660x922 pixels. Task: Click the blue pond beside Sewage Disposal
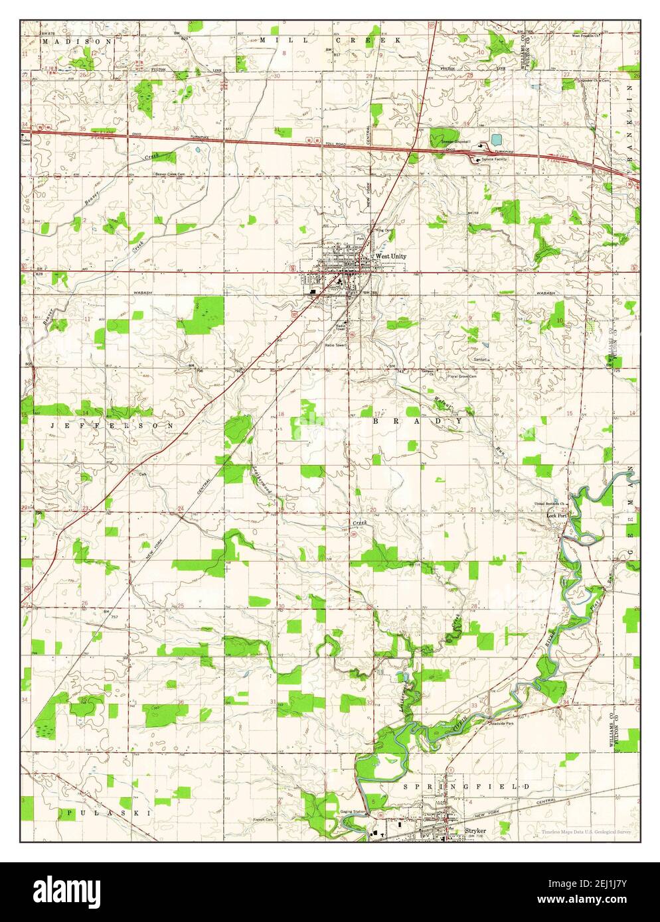coord(496,140)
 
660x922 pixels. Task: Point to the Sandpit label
coord(481,360)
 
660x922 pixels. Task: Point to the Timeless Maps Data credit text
coord(585,832)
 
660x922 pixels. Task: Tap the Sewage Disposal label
coord(454,142)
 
